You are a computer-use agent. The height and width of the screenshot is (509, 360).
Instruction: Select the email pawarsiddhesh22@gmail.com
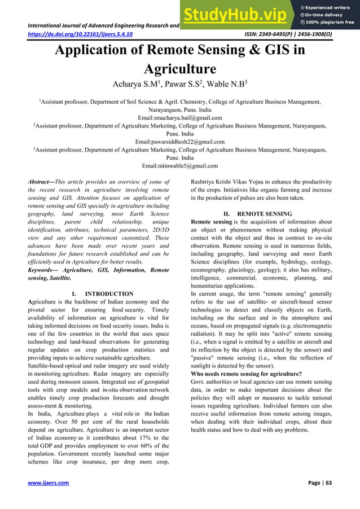180,142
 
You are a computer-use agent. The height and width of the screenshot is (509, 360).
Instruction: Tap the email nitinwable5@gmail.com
180,166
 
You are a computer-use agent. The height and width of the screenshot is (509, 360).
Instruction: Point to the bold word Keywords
44,270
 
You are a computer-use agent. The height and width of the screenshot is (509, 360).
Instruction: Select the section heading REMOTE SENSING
265,214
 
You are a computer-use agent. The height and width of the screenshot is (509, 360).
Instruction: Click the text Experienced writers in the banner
331,6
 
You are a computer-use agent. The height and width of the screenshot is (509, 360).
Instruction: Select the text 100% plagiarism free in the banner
331,23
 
